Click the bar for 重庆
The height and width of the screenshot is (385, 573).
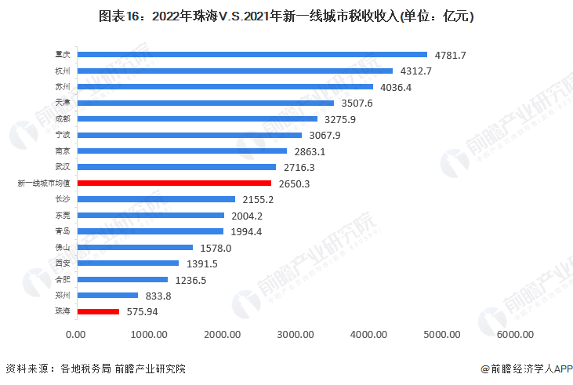pyautogui.click(x=252, y=54)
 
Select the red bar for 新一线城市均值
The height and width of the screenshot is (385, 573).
pyautogui.click(x=174, y=183)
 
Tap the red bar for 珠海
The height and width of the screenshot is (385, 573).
pyautogui.click(x=98, y=311)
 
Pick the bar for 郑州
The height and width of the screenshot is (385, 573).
pyautogui.click(x=107, y=296)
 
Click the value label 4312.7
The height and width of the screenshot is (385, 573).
pyautogui.click(x=416, y=71)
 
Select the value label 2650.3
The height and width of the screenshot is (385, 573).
pyautogui.click(x=296, y=183)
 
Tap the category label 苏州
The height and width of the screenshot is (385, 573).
pyautogui.click(x=63, y=86)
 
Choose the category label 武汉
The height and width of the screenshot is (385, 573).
pyautogui.click(x=63, y=167)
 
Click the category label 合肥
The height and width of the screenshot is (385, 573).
pyautogui.click(x=63, y=279)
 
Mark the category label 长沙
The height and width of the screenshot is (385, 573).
pyautogui.click(x=63, y=199)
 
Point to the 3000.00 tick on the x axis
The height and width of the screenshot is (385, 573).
pyautogui.click(x=296, y=335)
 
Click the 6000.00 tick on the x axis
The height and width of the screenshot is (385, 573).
pyautogui.click(x=515, y=335)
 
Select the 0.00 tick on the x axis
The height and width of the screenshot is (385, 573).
pyautogui.click(x=76, y=335)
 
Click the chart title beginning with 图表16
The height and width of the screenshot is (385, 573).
pyautogui.click(x=285, y=16)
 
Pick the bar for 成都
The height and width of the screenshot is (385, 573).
pyautogui.click(x=198, y=118)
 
